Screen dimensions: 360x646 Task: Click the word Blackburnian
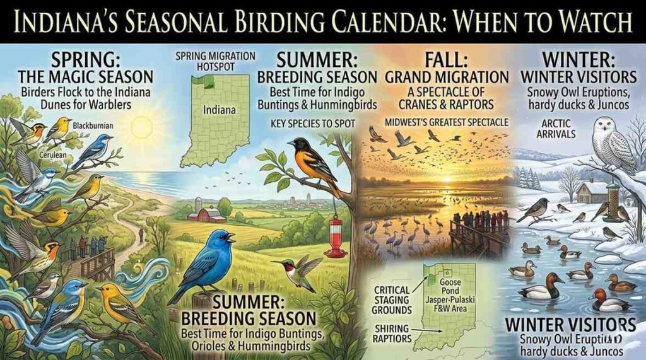click(93, 126)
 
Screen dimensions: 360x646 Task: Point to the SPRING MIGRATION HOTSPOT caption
click(216, 61)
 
